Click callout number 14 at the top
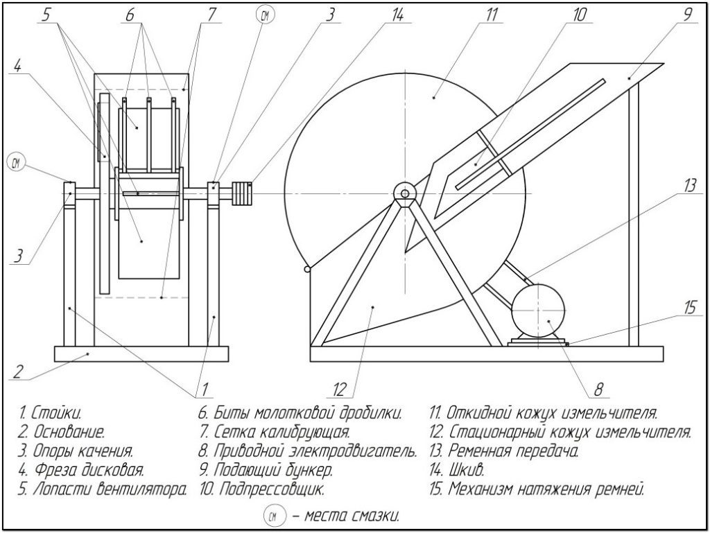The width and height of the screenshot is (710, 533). click(397, 15)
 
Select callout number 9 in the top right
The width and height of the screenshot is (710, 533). click(687, 14)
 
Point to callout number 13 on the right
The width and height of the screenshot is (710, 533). click(689, 185)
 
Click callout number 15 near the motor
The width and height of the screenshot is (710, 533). click(689, 306)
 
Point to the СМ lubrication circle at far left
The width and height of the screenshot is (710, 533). click(17, 163)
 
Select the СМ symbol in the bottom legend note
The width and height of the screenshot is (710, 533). click(273, 516)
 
